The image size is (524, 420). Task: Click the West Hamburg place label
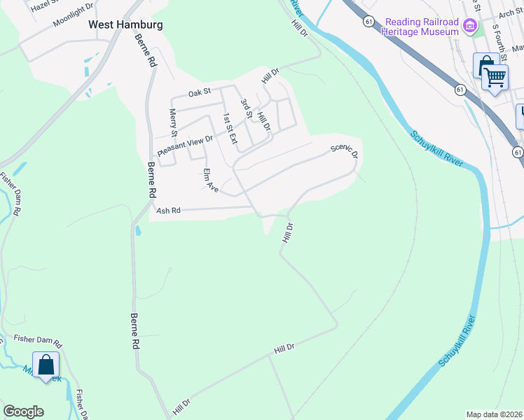(x=125, y=24)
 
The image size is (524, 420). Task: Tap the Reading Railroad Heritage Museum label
(x=422, y=27)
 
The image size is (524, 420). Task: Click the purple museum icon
(x=470, y=27)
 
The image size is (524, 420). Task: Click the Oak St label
(x=200, y=92)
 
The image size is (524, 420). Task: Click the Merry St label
(x=173, y=123)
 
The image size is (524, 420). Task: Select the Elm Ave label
(x=210, y=181)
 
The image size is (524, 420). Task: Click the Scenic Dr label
(x=345, y=152)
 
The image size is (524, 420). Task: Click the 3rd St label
(x=246, y=108)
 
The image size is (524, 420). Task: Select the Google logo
(x=23, y=412)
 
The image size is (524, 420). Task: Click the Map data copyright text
(x=494, y=414)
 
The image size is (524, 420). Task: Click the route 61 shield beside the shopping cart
(x=460, y=90)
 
